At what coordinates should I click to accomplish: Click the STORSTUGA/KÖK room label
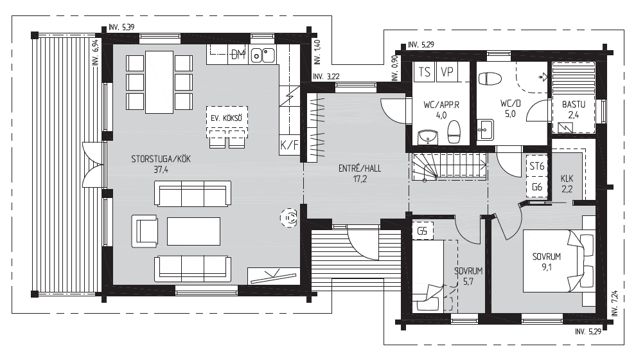161,159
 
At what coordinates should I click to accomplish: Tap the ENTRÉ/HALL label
360,168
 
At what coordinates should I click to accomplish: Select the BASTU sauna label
574,104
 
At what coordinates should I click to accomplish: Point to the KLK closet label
567,179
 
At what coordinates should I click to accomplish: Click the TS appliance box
424,72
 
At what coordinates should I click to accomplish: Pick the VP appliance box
447,72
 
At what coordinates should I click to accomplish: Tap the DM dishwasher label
238,55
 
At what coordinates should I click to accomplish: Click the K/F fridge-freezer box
289,145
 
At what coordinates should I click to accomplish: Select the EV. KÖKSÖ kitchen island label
226,118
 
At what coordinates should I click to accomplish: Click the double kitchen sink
263,55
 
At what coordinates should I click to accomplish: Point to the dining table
159,82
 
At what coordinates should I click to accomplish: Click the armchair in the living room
145,231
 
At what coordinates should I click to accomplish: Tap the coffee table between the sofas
193,231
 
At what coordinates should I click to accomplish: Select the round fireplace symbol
289,218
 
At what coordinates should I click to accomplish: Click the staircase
450,166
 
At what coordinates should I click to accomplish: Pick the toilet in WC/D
490,78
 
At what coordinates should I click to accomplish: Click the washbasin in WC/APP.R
427,137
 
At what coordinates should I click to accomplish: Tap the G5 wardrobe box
422,231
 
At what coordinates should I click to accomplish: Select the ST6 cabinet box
536,166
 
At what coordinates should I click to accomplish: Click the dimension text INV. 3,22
326,76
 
